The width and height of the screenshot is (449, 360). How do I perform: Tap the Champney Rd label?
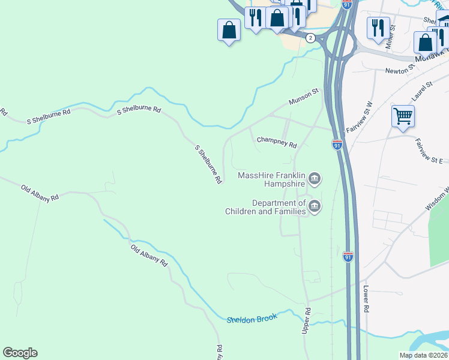pos(277,142)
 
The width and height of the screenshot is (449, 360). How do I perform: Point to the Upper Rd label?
pos(307,322)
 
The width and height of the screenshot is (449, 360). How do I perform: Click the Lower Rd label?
pos(365,298)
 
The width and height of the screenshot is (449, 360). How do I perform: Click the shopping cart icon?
pos(403,116)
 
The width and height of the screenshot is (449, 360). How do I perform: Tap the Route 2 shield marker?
pos(310,38)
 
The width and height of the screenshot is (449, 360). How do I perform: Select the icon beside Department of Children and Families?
pos(315,208)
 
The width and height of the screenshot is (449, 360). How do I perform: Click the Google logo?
pos(20,353)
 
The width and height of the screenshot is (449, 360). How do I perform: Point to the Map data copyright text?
pos(424,355)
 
